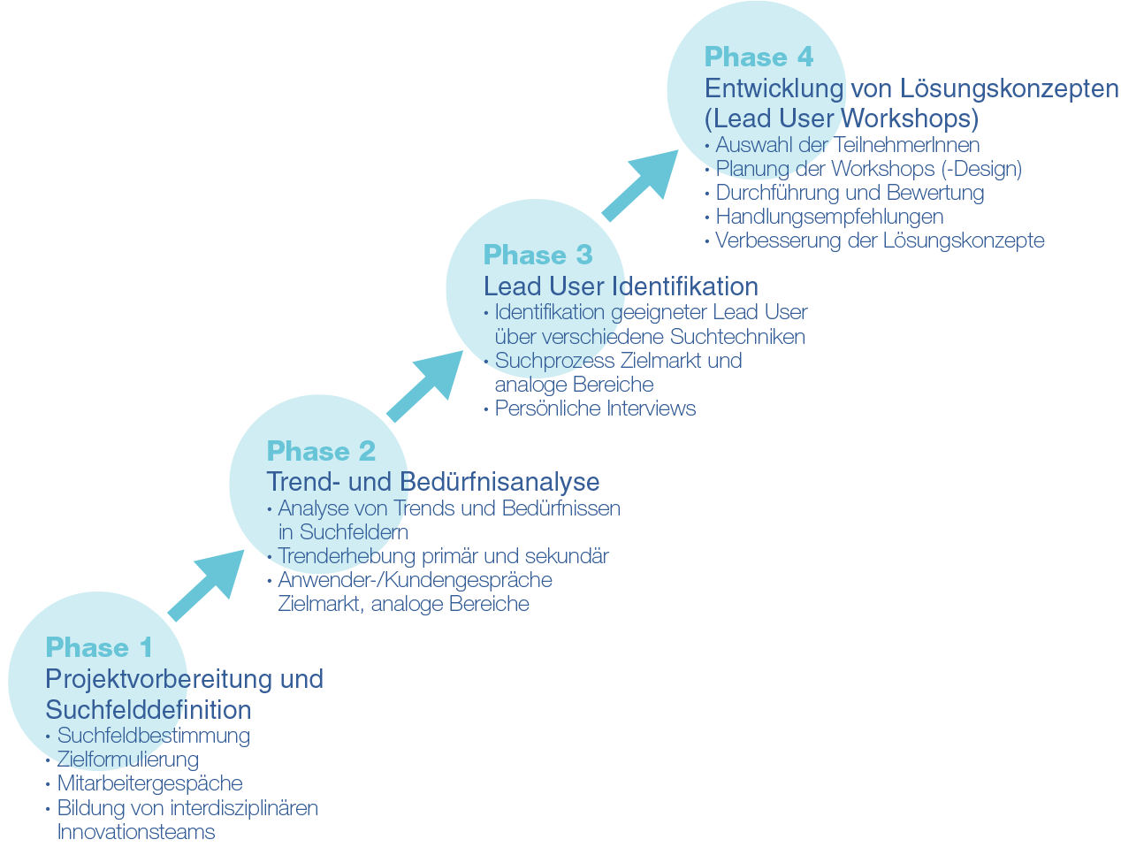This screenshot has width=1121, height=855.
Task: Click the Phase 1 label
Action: click(99, 648)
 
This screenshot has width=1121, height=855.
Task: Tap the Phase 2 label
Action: click(321, 452)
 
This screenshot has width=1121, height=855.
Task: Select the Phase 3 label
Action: click(538, 256)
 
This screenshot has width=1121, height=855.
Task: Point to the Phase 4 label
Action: click(759, 57)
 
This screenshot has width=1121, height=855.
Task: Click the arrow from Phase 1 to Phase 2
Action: click(205, 585)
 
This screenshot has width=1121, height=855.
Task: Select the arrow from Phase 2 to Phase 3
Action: click(425, 386)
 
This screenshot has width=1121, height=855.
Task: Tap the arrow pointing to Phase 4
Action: click(640, 187)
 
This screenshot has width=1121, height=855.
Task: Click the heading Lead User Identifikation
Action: click(621, 286)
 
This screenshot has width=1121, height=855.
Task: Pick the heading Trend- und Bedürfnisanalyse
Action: click(433, 482)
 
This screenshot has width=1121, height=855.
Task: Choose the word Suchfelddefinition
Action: click(149, 710)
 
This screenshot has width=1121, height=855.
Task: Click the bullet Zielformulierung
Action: click(128, 760)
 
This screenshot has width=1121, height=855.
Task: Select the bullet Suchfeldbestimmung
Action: click(154, 736)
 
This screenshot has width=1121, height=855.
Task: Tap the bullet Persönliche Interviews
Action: click(595, 408)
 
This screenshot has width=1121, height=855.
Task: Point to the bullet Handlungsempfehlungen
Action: click(829, 217)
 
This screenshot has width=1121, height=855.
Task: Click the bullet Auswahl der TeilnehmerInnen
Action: click(847, 145)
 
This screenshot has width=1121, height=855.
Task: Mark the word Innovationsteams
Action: click(136, 832)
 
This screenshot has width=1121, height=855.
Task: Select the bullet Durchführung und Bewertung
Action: click(850, 193)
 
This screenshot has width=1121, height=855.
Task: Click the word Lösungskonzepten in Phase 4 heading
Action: click(1010, 89)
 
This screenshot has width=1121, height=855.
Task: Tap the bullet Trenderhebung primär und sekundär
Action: click(443, 556)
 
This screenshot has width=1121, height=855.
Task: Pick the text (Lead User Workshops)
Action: click(842, 118)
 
